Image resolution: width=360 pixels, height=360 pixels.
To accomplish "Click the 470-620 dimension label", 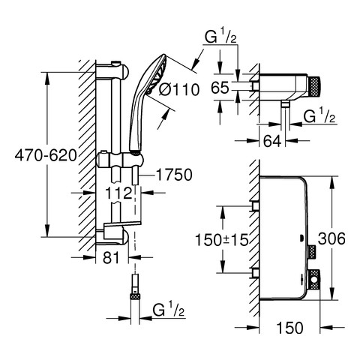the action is [46, 156].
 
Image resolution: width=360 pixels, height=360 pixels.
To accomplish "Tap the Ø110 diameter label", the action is [179, 89].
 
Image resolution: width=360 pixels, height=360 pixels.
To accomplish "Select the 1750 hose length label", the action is [174, 175].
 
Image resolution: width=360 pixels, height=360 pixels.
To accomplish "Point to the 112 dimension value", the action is [118, 193].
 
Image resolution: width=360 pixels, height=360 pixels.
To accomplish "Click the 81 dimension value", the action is [111, 257].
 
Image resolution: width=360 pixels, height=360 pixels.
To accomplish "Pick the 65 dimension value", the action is [220, 88].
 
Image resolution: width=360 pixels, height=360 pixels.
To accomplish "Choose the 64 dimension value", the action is [272, 141].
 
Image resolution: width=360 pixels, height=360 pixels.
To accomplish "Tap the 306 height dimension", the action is [331, 238].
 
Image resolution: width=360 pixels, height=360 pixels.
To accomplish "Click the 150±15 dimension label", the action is [221, 240].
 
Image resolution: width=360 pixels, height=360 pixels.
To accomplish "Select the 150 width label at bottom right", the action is [289, 327].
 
